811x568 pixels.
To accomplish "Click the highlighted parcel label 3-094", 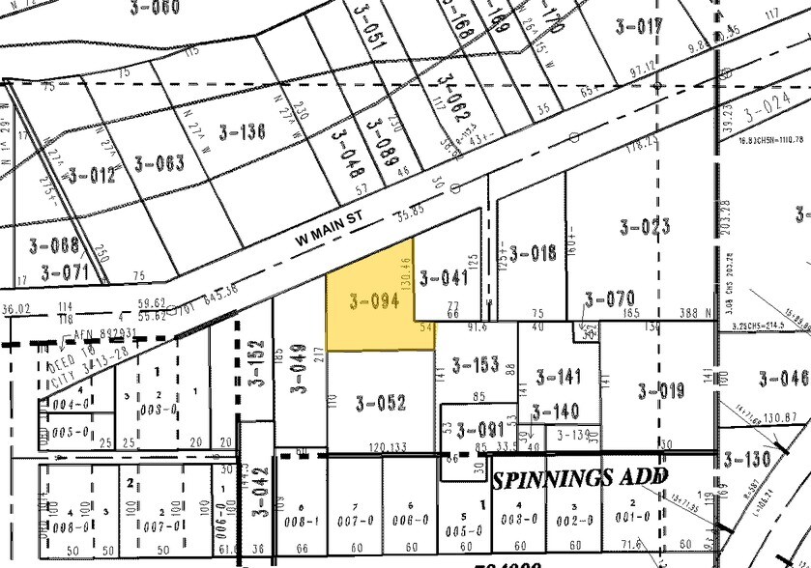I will (x=374, y=301).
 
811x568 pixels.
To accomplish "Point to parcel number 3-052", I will (x=380, y=404).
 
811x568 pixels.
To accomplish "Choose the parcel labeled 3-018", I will (x=533, y=253).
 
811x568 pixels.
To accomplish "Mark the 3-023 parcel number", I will (x=645, y=228).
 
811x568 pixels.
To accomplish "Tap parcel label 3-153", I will (x=476, y=364).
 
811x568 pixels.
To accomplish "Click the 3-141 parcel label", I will (x=559, y=377).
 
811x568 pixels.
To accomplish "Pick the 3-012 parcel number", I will (x=90, y=175).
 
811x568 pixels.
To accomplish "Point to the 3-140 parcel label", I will (x=556, y=412).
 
